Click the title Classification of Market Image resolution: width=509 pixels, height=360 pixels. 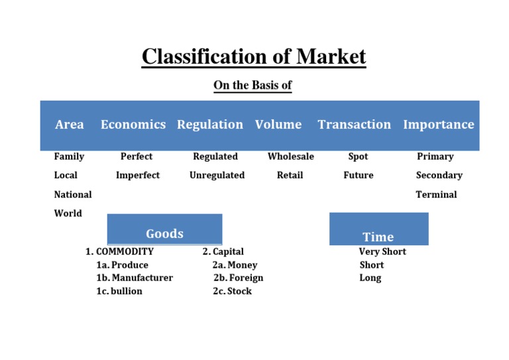click(254, 56)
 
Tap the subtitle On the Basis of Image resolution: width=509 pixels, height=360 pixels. click(253, 86)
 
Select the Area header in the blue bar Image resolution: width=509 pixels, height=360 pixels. click(70, 125)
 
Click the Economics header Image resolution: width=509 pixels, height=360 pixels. click(133, 125)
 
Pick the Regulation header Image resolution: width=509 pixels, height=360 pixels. click(210, 125)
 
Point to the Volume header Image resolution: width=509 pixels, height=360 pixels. click(278, 125)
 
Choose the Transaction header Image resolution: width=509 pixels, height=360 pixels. click(355, 125)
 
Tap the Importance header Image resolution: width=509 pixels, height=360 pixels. click(439, 125)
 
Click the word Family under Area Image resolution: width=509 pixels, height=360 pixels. click(69, 156)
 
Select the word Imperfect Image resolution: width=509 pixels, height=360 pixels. click(138, 176)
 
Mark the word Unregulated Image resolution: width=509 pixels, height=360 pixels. click(217, 176)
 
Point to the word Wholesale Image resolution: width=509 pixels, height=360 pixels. click(291, 156)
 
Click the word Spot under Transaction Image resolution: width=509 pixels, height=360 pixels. click(358, 156)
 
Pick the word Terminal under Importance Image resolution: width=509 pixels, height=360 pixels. click(436, 195)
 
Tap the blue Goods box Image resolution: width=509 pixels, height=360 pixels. click(164, 229)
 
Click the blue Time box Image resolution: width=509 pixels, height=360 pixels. click(378, 229)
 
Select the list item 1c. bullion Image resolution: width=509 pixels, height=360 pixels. click(119, 291)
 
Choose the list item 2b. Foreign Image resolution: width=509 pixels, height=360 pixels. click(238, 278)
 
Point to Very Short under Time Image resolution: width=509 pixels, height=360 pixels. click(382, 252)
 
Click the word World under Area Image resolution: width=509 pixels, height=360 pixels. click(68, 213)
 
